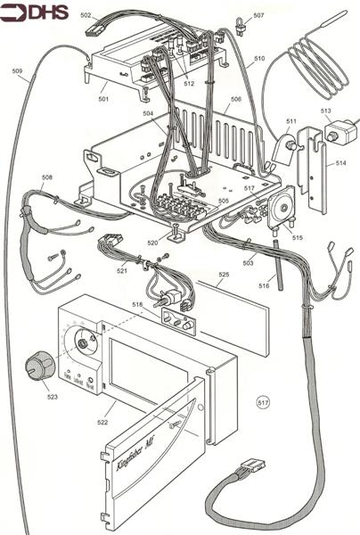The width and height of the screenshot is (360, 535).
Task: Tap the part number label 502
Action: (86, 15)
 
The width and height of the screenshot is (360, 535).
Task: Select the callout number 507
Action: (258, 16)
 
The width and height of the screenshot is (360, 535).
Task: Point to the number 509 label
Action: (18, 71)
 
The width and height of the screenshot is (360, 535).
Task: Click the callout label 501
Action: (103, 99)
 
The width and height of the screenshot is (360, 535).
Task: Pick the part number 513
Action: (326, 111)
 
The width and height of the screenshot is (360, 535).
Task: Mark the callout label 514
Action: (341, 163)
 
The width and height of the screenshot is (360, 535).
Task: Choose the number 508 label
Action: (46, 177)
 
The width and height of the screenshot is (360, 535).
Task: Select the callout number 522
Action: (105, 421)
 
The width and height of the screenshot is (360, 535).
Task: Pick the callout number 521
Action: (121, 270)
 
